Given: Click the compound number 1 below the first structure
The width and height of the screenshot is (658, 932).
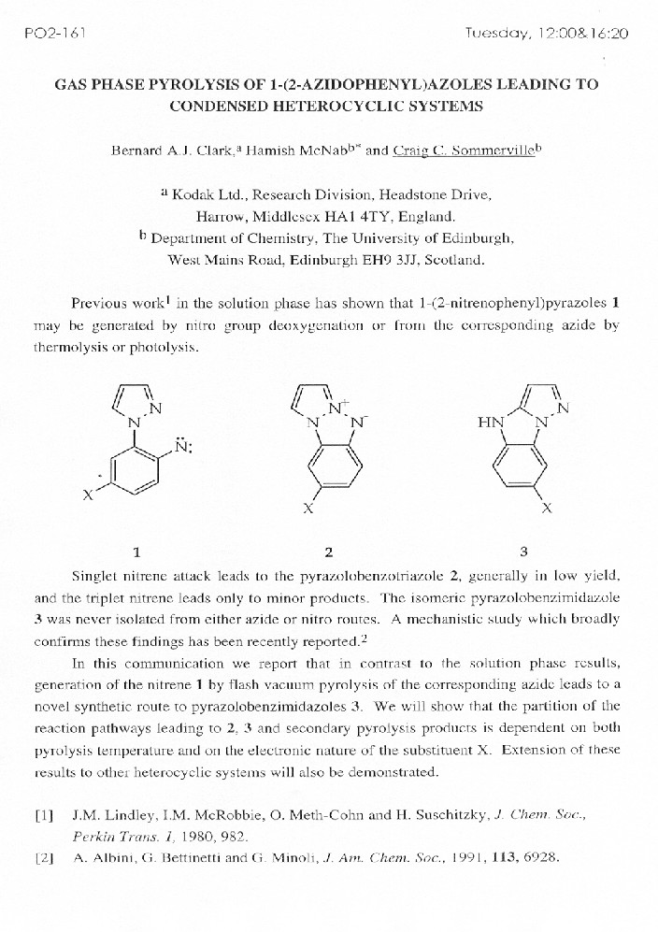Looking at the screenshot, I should [136, 551].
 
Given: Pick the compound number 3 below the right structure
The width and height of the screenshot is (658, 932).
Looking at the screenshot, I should [523, 551].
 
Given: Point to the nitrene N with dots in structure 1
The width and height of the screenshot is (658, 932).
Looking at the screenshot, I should [186, 446].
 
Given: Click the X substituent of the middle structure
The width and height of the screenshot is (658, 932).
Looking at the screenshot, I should [308, 510].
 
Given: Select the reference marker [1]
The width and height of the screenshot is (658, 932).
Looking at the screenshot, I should [43, 815].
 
